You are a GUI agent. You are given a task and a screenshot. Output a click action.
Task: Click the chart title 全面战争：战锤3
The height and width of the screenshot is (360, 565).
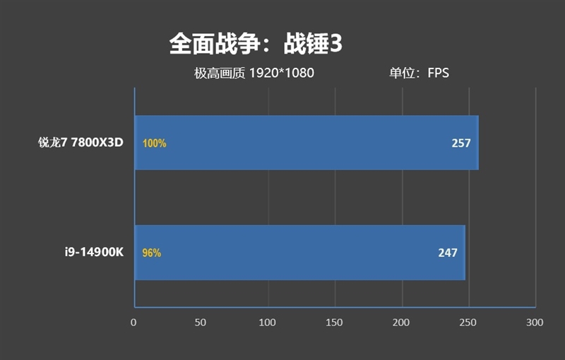(256, 44)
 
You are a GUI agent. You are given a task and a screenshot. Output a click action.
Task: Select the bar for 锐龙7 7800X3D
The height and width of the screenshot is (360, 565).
(307, 143)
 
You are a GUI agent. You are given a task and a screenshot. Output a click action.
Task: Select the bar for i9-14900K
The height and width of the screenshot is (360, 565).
(299, 253)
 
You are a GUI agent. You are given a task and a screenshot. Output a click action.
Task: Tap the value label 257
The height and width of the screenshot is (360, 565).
(461, 143)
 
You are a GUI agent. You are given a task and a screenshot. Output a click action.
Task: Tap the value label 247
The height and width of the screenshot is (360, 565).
(448, 253)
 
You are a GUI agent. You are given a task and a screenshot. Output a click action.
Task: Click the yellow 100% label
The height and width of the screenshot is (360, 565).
(154, 143)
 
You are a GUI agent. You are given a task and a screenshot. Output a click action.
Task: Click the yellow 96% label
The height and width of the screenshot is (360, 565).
(152, 253)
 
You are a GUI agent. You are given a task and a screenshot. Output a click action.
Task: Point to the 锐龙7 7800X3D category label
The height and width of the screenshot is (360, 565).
(81, 143)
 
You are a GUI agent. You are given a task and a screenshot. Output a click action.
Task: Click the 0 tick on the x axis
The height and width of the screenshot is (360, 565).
(133, 323)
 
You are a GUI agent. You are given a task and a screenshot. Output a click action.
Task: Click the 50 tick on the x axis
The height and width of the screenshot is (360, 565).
(201, 323)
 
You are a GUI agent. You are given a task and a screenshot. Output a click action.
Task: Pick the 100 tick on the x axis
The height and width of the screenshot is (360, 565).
(268, 323)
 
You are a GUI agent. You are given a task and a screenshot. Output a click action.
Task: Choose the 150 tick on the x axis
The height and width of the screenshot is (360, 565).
(335, 323)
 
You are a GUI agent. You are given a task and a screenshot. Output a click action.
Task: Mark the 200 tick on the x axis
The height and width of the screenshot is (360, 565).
(401, 323)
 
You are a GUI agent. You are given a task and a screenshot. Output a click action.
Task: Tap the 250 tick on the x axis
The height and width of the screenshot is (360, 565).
(468, 323)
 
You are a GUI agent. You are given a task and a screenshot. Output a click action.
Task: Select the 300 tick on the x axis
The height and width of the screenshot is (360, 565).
(535, 323)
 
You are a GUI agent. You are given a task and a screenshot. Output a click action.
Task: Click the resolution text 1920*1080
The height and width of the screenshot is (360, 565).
(281, 73)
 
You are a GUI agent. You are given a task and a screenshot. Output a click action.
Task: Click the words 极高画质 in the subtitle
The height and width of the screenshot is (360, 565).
(219, 73)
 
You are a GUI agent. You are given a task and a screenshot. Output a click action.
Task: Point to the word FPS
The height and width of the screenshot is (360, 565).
(438, 73)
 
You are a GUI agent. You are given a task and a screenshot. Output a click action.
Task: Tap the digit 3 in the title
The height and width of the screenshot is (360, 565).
(336, 44)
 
